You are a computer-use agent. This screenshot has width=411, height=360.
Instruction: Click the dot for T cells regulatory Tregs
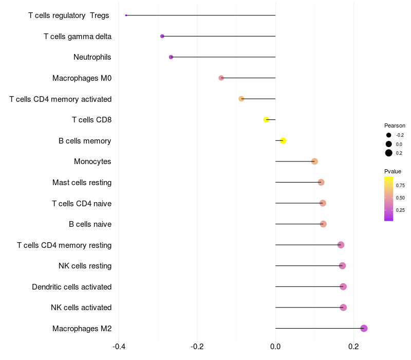(x=126, y=15)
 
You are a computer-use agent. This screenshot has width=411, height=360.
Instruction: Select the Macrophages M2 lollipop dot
(x=364, y=328)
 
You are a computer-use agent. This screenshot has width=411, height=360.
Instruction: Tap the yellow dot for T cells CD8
(x=266, y=120)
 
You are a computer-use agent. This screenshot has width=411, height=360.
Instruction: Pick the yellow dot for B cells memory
(x=283, y=140)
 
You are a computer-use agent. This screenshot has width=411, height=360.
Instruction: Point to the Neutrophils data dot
(x=171, y=57)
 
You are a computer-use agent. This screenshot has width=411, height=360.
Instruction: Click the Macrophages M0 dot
(x=221, y=78)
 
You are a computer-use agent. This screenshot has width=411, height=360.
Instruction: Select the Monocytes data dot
(x=314, y=161)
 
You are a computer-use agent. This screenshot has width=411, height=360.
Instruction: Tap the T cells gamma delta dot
(x=162, y=37)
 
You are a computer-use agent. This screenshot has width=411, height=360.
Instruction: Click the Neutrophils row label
(x=92, y=57)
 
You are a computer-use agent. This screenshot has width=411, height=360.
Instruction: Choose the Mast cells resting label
(x=82, y=183)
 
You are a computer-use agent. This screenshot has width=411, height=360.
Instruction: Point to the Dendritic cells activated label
(x=72, y=286)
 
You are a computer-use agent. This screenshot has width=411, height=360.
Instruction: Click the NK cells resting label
(x=85, y=266)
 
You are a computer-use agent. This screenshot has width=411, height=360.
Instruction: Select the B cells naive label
(x=90, y=224)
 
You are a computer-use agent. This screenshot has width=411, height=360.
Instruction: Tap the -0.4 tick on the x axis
(x=119, y=346)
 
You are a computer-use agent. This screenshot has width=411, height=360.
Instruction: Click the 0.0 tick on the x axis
(x=275, y=346)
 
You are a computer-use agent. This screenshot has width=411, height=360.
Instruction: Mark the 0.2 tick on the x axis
(x=353, y=346)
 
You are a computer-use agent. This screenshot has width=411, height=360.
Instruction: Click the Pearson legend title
(x=395, y=125)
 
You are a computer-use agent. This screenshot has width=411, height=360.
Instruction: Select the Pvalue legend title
(x=393, y=171)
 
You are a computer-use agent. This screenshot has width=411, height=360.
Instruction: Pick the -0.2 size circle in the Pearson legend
(x=389, y=135)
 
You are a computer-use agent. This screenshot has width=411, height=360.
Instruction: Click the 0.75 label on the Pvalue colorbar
(x=400, y=186)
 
